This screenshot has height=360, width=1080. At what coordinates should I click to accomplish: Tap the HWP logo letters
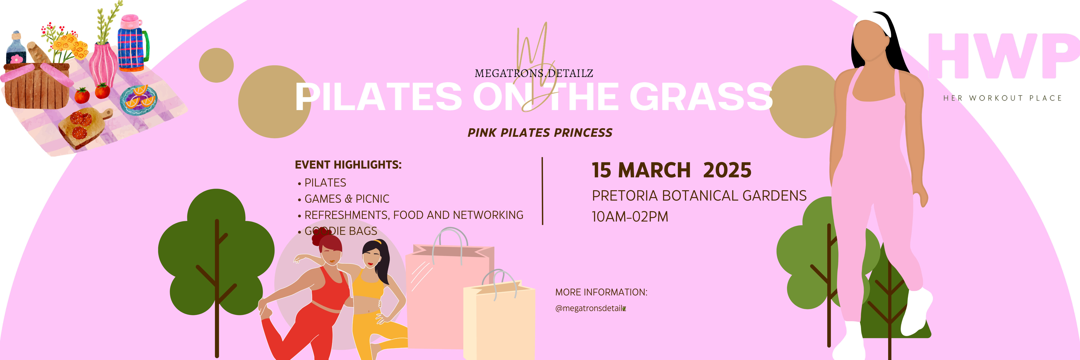(1002, 57)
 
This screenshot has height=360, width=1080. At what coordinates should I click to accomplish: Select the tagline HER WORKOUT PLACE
(1002, 98)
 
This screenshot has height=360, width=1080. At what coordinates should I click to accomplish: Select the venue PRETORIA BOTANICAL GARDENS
(699, 196)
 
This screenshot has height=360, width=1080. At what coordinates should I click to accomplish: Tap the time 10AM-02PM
(630, 217)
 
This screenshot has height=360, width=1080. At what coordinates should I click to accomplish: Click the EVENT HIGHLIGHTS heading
(348, 165)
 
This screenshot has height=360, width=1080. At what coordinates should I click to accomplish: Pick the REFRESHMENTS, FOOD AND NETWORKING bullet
(413, 215)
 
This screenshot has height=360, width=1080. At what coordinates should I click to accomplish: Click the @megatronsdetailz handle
(590, 308)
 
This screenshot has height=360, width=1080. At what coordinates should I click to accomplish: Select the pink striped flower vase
(103, 65)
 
